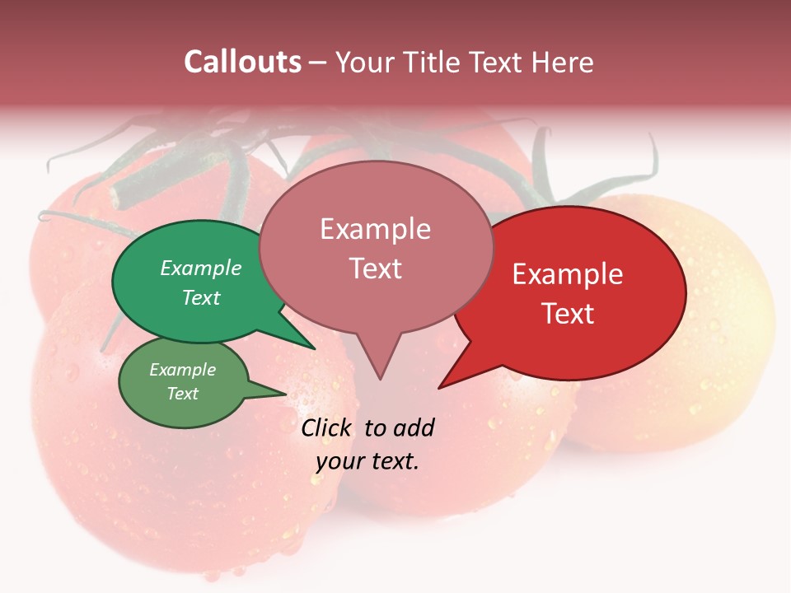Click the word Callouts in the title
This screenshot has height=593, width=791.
point(242,62)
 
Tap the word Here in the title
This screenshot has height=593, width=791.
point(562,62)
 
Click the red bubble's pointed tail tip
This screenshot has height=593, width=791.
point(440,387)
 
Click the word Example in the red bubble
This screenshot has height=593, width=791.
point(568,274)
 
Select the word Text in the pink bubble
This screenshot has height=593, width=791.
point(376,268)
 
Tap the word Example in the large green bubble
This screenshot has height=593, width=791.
point(201,268)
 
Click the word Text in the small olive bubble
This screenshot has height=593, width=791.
point(183,394)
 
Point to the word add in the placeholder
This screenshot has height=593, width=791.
point(413,427)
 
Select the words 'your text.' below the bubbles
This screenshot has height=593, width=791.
point(367,461)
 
